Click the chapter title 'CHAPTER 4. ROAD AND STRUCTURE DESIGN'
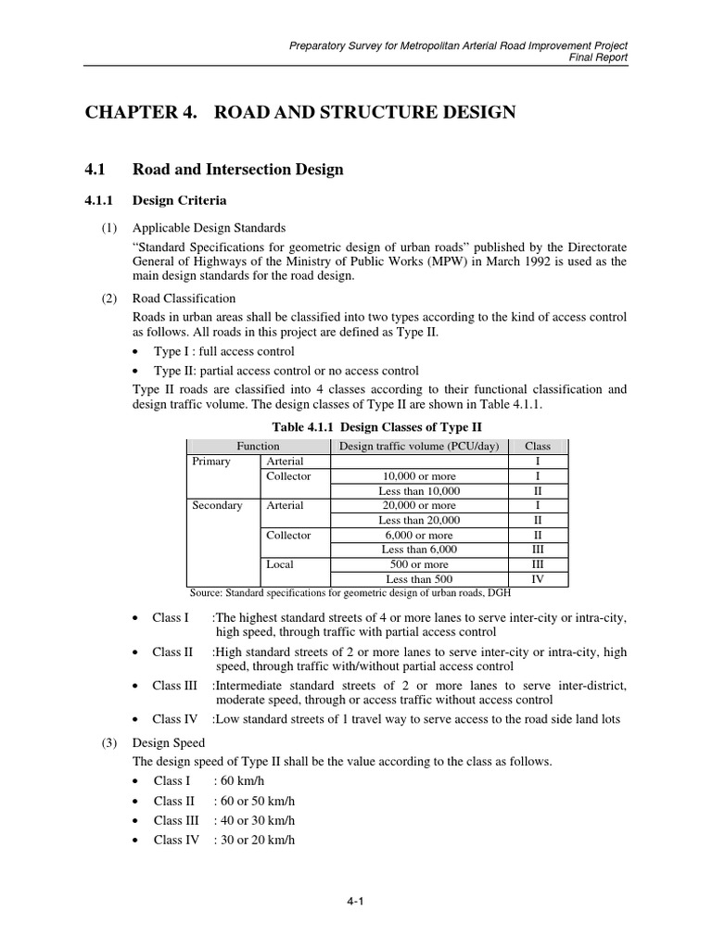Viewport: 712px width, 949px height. [300, 113]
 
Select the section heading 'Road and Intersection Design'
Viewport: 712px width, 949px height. [237, 170]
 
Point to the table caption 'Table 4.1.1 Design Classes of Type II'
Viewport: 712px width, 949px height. [376, 426]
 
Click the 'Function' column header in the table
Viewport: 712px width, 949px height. [258, 446]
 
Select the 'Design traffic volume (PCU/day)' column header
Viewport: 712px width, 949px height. [419, 446]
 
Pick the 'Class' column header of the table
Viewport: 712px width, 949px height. [538, 446]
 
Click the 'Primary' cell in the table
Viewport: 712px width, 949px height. [210, 461]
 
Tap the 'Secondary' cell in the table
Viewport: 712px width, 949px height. [217, 505]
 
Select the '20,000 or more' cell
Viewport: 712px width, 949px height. [419, 505]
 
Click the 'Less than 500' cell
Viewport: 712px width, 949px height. [419, 579]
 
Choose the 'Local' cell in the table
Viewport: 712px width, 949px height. [280, 564]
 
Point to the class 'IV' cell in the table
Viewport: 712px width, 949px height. [538, 579]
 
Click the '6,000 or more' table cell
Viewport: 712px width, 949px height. [419, 535]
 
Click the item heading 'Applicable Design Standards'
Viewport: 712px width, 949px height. [209, 227]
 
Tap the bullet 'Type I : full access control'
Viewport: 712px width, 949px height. [223, 352]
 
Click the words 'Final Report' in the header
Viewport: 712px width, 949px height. [600, 57]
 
